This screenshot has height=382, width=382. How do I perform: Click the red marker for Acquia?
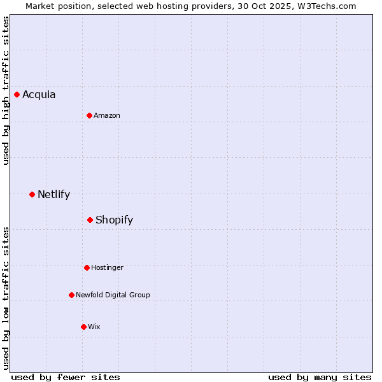tap(17, 95)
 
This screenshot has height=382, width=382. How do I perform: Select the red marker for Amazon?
tap(90, 116)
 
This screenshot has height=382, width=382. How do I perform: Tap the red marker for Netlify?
tap(32, 194)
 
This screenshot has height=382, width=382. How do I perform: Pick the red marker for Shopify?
tap(90, 220)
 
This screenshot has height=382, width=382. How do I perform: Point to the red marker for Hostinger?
tap(87, 268)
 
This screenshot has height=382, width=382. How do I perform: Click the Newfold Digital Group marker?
tap(72, 295)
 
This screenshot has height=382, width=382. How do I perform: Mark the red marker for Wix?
tap(83, 327)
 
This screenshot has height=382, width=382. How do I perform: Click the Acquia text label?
tap(39, 95)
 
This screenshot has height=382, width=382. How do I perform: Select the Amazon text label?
tap(107, 116)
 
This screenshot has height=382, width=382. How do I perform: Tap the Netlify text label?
tap(53, 195)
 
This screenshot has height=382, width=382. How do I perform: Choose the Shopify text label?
tap(114, 220)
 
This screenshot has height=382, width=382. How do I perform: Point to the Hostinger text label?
tap(107, 268)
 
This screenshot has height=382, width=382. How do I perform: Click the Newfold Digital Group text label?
tap(113, 295)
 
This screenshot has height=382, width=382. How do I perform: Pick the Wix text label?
tap(94, 327)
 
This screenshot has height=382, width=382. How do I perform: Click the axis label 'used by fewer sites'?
tap(66, 378)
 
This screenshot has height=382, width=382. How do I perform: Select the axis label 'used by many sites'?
tap(320, 378)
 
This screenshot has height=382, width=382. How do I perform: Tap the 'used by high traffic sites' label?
tap(6, 90)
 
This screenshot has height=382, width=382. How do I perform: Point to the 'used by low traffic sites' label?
tap(6, 298)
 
